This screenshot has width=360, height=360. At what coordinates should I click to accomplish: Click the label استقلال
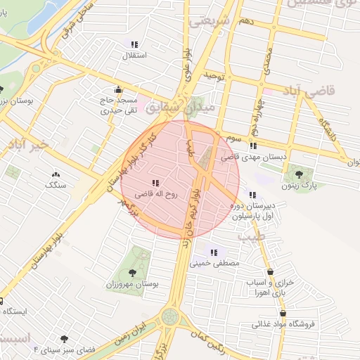(x=134, y=55)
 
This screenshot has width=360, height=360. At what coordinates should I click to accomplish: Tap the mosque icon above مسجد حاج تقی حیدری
(x=117, y=90)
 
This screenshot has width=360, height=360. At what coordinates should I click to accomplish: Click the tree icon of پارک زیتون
(x=300, y=174)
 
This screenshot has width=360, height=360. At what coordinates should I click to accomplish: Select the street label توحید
(x=213, y=75)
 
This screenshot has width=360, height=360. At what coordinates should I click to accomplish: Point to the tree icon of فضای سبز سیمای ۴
(x=65, y=339)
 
